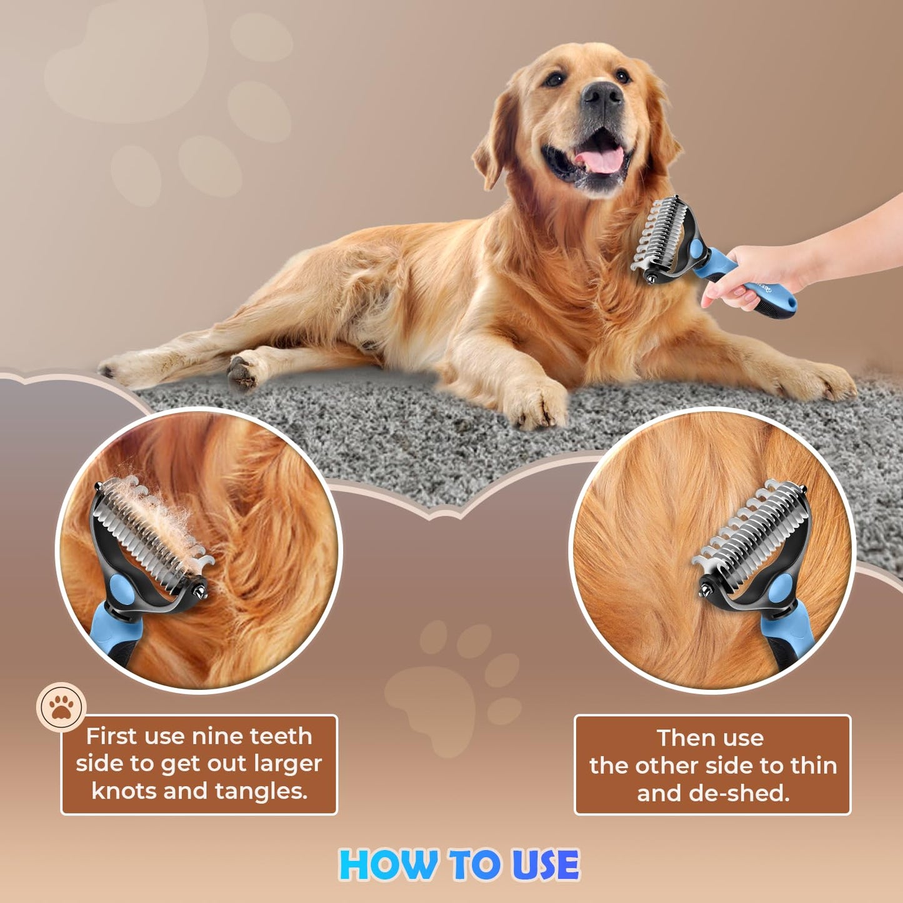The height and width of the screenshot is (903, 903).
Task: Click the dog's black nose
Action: [x=602, y=95]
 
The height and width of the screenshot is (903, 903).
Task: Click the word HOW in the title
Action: [x=387, y=865]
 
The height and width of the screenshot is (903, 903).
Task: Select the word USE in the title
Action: [x=546, y=865]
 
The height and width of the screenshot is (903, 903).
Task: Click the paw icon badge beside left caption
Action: [x=61, y=707]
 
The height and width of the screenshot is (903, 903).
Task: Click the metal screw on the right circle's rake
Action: [x=705, y=588]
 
